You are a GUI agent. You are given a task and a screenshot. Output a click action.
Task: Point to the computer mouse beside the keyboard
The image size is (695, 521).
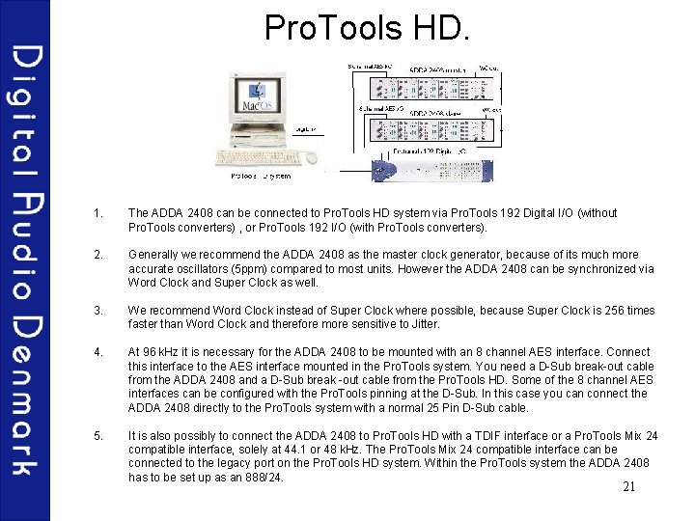click(x=311, y=157)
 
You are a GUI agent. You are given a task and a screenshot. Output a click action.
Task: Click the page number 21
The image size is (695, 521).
click(x=628, y=486)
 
